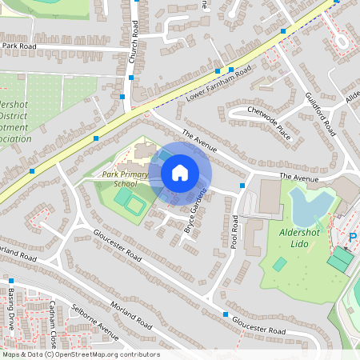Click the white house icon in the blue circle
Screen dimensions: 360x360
coord(180,173)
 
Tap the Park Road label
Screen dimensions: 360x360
coord(19,46)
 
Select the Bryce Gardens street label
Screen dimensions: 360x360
coord(196,210)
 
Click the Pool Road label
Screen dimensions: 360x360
coord(235,231)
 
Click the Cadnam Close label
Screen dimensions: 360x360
coord(51,316)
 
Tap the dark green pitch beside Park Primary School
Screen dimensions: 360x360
coord(134,206)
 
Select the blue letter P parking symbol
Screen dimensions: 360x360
coord(353,238)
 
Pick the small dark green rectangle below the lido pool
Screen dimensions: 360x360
coord(279,264)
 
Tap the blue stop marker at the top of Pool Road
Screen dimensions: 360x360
coord(242,186)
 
